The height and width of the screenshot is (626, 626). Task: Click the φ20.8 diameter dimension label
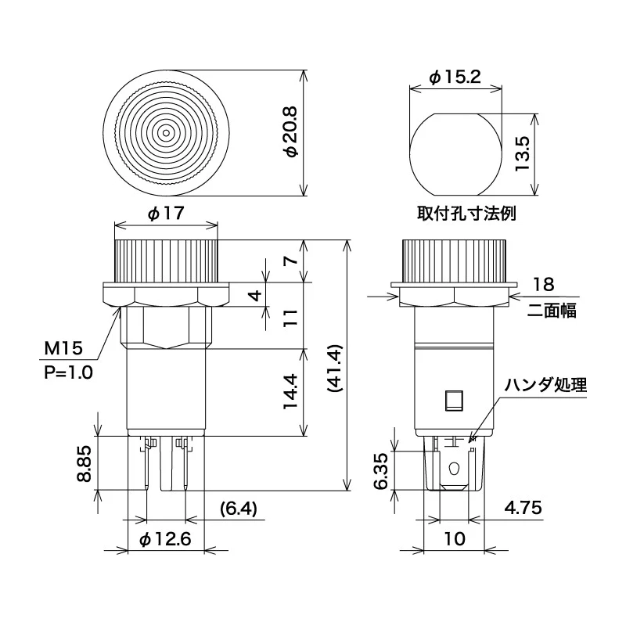(292, 132)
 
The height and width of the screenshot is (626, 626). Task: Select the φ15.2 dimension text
(455, 77)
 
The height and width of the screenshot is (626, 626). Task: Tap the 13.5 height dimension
(522, 154)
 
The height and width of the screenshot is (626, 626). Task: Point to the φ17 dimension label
(166, 214)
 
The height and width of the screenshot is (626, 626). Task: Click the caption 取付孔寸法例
(466, 214)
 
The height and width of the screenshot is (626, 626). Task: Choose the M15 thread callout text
(63, 348)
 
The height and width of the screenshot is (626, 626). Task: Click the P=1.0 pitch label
(68, 372)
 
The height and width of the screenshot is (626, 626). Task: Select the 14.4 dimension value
(290, 392)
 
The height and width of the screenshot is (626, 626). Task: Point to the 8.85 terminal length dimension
(85, 464)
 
